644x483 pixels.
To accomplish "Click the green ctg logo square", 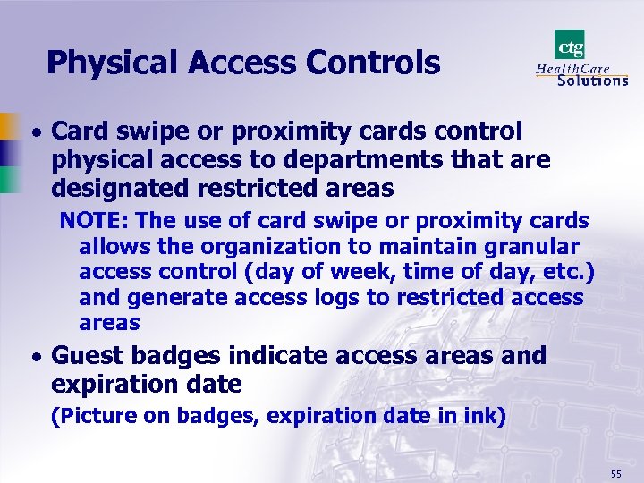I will (x=570, y=44).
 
